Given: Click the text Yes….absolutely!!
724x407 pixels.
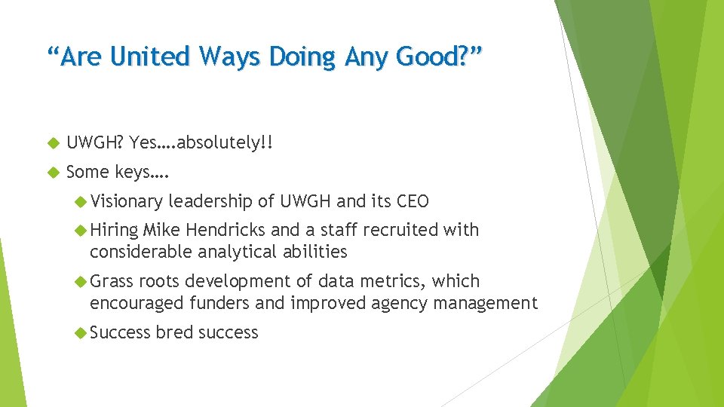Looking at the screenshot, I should point(199,142).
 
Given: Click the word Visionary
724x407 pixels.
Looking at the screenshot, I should point(126,201).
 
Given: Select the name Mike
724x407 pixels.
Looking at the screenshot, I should point(161,230).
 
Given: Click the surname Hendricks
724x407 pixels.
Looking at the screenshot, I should point(223,230).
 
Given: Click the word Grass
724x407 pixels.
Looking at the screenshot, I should point(112,281).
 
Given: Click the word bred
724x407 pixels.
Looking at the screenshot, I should point(175,332).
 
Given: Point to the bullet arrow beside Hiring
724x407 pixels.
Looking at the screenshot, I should point(81,230).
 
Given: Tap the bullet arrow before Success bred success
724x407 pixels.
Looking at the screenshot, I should point(81,332).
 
